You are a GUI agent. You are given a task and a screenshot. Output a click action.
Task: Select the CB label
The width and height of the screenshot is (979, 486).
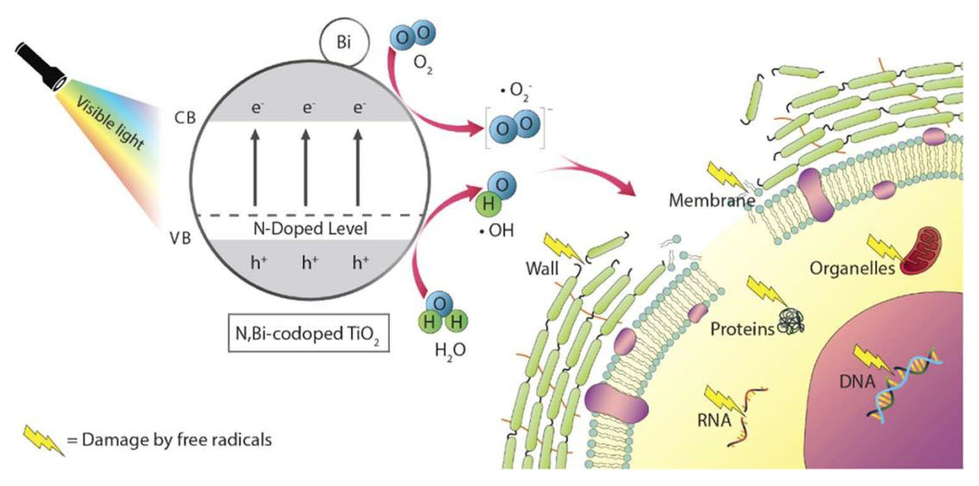click(x=185, y=118)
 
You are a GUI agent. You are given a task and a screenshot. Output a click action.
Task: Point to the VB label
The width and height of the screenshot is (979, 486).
click(x=180, y=238)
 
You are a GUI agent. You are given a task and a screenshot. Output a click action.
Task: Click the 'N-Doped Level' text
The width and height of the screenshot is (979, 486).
click(x=310, y=229)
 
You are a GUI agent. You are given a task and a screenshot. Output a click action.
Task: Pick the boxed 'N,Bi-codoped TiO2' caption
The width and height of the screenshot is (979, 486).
click(x=308, y=333)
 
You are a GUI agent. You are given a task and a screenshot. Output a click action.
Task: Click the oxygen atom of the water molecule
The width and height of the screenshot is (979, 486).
click(x=440, y=304)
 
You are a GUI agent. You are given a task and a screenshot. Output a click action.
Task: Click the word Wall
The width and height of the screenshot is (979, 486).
click(x=542, y=268)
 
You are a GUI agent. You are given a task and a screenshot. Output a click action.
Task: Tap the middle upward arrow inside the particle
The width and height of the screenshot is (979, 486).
click(x=306, y=168)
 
